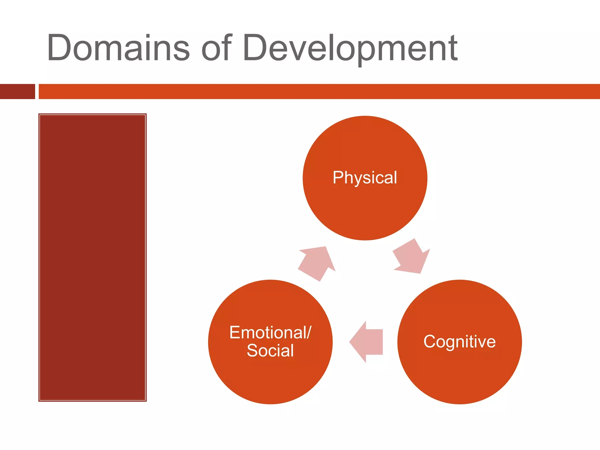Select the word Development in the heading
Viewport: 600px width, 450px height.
coord(350,48)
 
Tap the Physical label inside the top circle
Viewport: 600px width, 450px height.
coord(365,178)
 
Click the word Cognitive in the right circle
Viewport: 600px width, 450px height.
coord(459,342)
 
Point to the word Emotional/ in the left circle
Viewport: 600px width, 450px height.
coord(270,333)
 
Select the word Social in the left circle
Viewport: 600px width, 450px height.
coord(270,351)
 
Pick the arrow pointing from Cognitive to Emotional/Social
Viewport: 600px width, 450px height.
coord(366,342)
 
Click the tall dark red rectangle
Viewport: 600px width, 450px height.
coord(92,257)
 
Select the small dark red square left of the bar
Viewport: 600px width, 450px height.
coord(17,91)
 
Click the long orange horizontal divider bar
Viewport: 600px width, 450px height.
coord(319,91)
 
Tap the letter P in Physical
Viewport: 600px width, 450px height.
coord(338,177)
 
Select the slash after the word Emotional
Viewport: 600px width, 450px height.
coord(309,333)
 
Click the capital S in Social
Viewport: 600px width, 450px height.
coord(253,351)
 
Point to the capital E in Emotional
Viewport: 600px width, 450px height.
coord(234,333)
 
